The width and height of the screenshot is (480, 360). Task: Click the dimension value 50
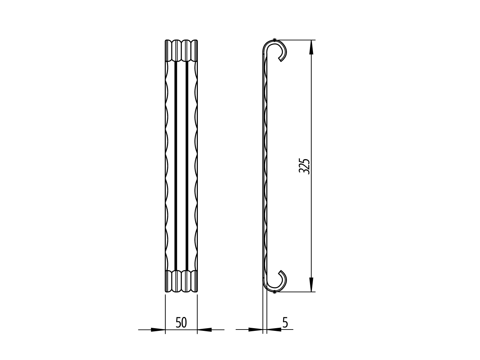tap(181, 323)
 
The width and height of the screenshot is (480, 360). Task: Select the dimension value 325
tap(304, 166)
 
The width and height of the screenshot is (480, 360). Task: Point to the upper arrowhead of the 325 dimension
tap(311, 47)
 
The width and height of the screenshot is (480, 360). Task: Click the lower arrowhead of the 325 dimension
tap(311, 284)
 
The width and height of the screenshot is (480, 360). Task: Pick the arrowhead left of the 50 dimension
tap(158, 330)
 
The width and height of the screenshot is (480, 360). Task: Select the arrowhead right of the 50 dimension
tap(205, 330)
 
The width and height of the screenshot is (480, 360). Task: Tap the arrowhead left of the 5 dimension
tap(255, 329)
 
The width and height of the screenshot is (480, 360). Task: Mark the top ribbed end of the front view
tap(181, 50)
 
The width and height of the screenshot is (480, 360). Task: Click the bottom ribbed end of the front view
tap(181, 281)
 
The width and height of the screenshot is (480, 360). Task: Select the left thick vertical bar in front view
tap(175, 166)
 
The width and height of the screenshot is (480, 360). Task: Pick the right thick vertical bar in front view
tap(187, 166)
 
